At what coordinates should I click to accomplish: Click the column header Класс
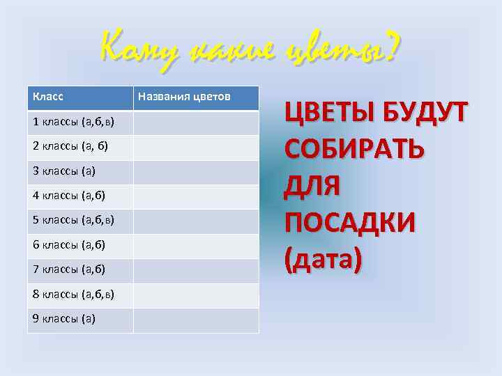click(x=48, y=97)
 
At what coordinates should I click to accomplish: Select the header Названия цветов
click(x=185, y=97)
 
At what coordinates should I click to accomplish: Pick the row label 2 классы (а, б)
click(x=70, y=147)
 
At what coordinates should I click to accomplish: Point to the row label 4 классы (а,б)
click(x=68, y=196)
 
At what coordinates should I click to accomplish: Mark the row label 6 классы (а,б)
click(x=68, y=245)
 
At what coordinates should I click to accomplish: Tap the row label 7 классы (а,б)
click(x=68, y=269)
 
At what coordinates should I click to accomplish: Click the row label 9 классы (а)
click(x=64, y=319)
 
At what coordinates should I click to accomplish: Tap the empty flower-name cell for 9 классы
click(x=195, y=320)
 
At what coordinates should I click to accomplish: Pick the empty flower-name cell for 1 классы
click(x=195, y=123)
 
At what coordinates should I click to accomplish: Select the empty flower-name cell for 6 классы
click(x=195, y=245)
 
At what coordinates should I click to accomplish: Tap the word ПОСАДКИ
click(x=349, y=223)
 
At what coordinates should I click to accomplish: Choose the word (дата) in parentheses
click(x=323, y=260)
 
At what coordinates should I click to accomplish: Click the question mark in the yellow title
click(x=391, y=49)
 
